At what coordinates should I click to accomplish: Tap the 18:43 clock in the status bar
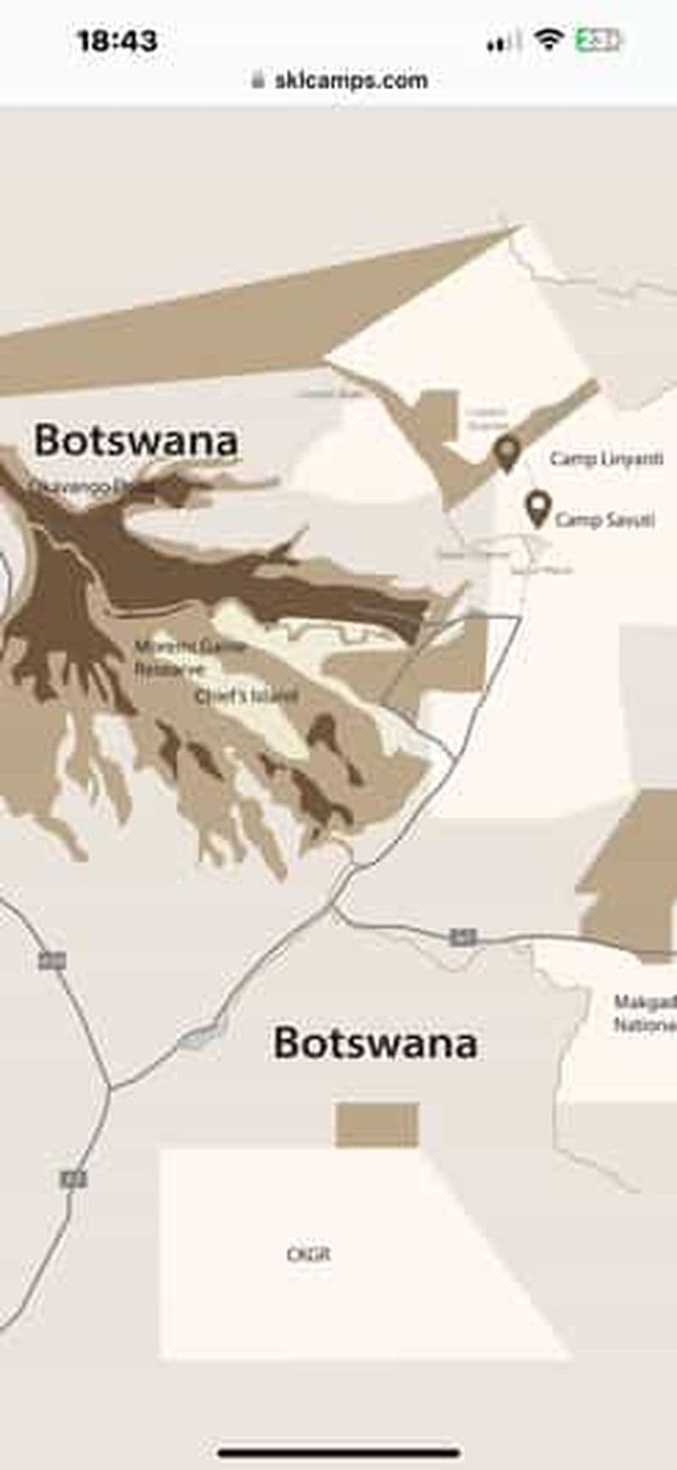click(x=117, y=41)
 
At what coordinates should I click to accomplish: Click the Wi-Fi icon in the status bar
click(x=548, y=39)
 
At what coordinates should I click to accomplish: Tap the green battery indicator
click(x=597, y=40)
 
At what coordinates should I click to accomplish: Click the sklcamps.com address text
click(x=351, y=80)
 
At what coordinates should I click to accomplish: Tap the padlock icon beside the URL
click(x=258, y=80)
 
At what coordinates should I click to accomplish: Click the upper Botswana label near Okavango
click(x=135, y=441)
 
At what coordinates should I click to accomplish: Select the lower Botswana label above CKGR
click(x=375, y=1043)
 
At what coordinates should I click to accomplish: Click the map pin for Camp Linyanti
click(x=507, y=453)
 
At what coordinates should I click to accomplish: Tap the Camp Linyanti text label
click(x=606, y=459)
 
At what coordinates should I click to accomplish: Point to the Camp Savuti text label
click(x=604, y=520)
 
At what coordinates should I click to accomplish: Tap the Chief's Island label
click(x=246, y=696)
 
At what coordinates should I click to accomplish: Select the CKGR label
click(x=308, y=1254)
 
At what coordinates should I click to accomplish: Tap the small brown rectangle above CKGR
click(x=377, y=1125)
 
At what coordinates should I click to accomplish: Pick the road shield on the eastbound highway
click(x=463, y=937)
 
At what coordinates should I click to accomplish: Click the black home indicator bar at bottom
click(x=338, y=1453)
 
